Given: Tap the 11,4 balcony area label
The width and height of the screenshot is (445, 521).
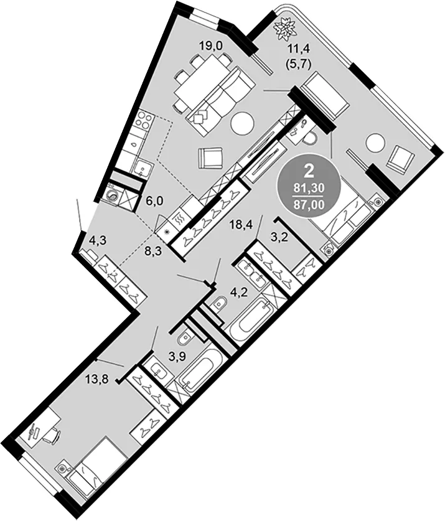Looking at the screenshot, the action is (299, 50).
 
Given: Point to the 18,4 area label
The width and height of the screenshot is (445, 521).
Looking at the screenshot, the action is (241, 225).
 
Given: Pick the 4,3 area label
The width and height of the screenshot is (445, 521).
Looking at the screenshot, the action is (98, 240).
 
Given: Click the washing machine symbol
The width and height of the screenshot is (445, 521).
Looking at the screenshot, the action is (114, 196).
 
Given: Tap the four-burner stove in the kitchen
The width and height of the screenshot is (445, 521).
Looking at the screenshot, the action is (146, 121).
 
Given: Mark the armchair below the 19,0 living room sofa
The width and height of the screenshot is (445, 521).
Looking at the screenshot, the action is (210, 159).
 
